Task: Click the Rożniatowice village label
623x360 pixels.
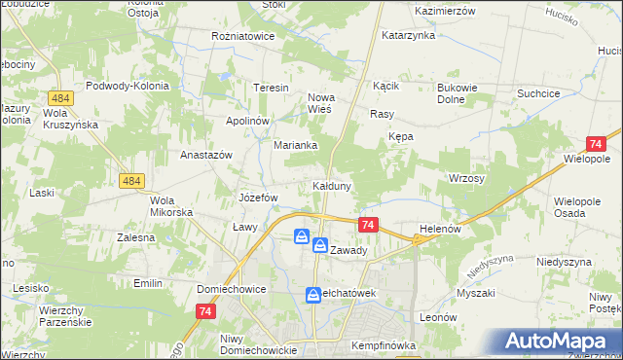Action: coord(243,36)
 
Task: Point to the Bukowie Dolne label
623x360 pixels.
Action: coord(454,93)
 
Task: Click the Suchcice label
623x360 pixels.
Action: coord(543,94)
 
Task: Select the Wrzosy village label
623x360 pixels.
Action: coord(466,179)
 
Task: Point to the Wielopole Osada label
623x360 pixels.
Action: coord(580,206)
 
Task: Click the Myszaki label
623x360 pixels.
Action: coord(475,293)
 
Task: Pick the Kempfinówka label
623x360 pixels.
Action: coord(385,345)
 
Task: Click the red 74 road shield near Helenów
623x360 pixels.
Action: coord(368,225)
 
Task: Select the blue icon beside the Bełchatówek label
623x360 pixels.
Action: coord(313,293)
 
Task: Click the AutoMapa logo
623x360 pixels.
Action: coord(560,341)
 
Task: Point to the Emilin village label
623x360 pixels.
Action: coord(148,283)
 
